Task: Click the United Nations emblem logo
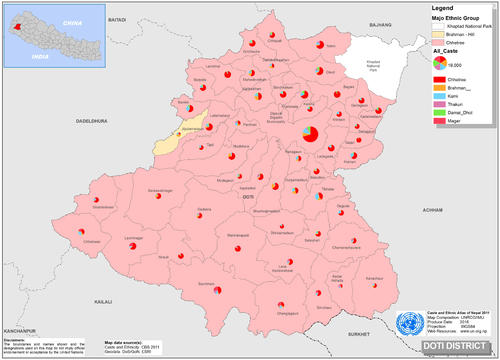coord(411,323)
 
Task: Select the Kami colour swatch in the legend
coord(439,96)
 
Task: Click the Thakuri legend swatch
coord(439,105)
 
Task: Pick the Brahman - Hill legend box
coord(438,34)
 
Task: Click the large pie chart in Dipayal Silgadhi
coord(310,134)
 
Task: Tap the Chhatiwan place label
coord(91,241)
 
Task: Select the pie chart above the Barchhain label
coord(218,290)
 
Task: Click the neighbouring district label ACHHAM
coord(433,210)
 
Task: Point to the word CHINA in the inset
coord(72,23)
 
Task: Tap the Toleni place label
coord(331,46)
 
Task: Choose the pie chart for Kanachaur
coord(375,285)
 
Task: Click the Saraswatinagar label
coord(160,190)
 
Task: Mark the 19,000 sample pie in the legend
coord(439,63)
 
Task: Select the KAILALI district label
coord(103,302)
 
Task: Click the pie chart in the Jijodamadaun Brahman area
coord(179,134)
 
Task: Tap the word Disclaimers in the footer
coord(14,340)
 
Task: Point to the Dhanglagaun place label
coord(287,313)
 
